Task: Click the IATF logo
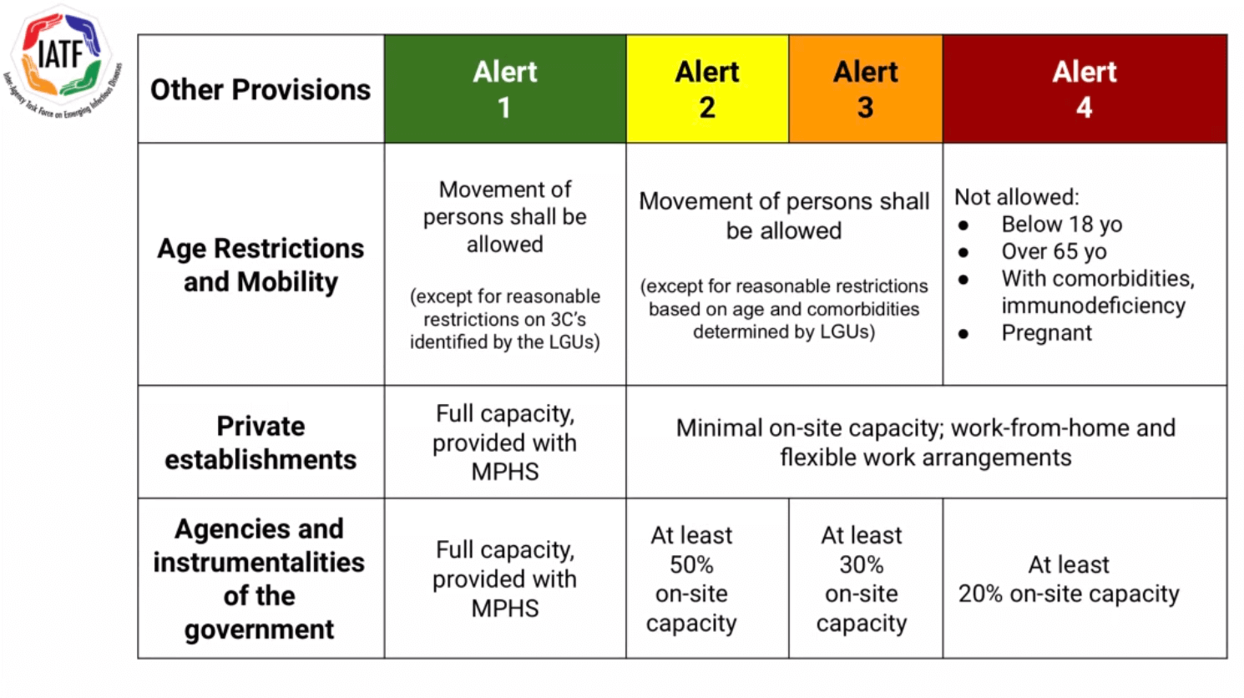(x=62, y=61)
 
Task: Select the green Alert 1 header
(x=505, y=89)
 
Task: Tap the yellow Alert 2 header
(x=707, y=89)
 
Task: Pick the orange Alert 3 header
(x=865, y=89)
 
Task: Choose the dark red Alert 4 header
(x=1085, y=89)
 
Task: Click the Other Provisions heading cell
(x=260, y=89)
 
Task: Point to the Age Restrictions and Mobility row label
(x=260, y=265)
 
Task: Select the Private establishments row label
(x=260, y=443)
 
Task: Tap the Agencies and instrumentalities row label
(x=260, y=579)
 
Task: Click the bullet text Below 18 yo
(x=1062, y=225)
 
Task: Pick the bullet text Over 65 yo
(x=1054, y=251)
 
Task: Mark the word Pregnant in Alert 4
(x=1047, y=332)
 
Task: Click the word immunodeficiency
(x=1094, y=306)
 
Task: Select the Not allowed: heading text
(x=1017, y=197)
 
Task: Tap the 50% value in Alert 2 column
(x=691, y=564)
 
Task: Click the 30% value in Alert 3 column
(x=862, y=564)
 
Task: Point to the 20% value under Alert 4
(x=981, y=594)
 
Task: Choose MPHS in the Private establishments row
(x=505, y=472)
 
